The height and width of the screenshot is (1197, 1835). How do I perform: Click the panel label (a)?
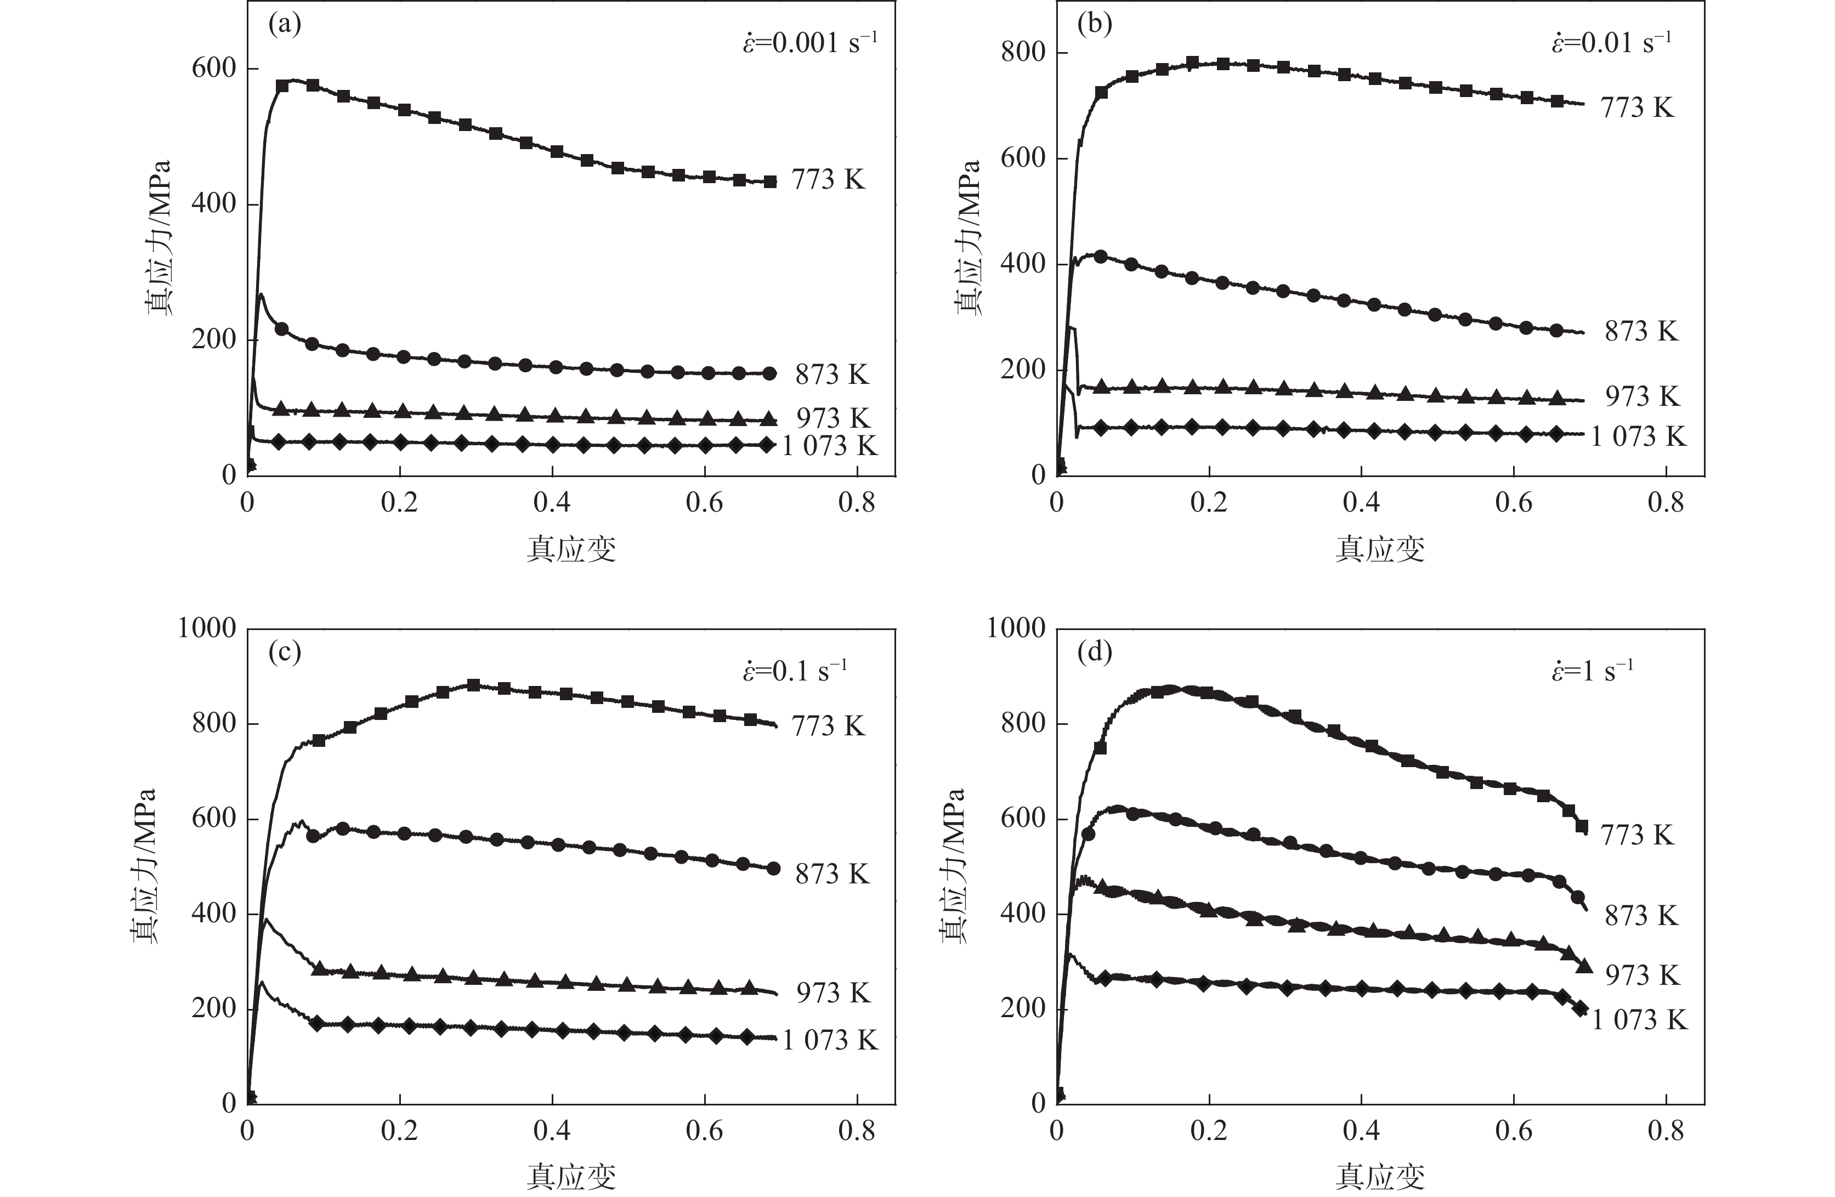click(x=285, y=25)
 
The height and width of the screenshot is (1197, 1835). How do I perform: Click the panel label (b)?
click(x=1094, y=25)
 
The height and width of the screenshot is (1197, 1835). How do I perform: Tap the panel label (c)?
click(x=285, y=653)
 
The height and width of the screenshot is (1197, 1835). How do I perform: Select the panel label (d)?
click(x=1094, y=653)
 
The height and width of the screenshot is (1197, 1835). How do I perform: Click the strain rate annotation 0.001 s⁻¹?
click(x=809, y=42)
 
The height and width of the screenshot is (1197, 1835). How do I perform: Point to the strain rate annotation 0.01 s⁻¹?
click(x=1611, y=42)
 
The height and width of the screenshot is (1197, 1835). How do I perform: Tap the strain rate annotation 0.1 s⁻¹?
click(x=794, y=671)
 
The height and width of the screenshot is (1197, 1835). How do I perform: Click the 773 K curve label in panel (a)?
click(x=828, y=180)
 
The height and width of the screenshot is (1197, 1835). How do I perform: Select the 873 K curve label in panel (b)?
click(x=1641, y=331)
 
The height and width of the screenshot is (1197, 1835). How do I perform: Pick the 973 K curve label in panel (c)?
click(x=832, y=992)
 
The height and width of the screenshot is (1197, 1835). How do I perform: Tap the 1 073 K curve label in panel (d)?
click(x=1639, y=1020)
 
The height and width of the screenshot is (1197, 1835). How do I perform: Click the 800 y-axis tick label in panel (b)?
click(x=1023, y=53)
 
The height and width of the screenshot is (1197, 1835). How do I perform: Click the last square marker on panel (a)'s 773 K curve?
click(x=769, y=182)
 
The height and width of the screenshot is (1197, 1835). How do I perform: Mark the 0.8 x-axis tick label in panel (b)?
click(x=1666, y=502)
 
